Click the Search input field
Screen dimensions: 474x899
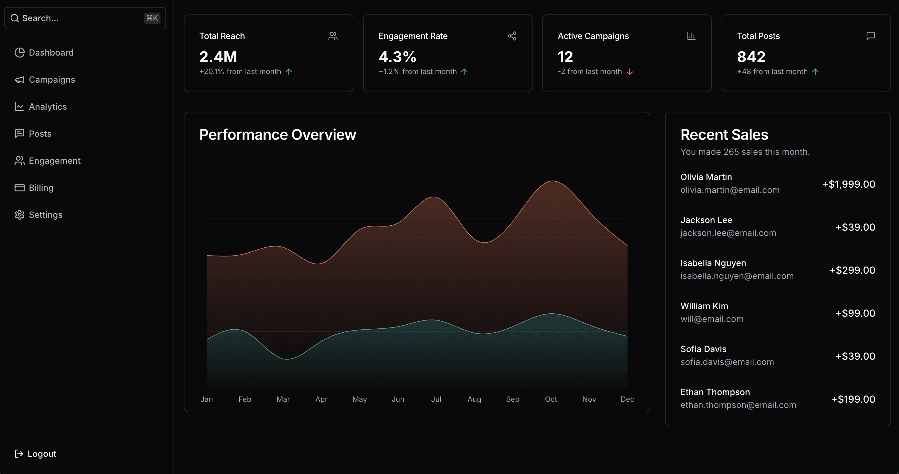click(x=77, y=18)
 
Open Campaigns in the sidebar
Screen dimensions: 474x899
click(x=52, y=80)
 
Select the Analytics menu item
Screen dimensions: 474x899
click(x=47, y=107)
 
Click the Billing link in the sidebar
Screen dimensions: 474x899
click(x=41, y=188)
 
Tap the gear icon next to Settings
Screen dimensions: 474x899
click(x=20, y=215)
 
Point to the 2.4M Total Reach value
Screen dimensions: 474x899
click(x=218, y=57)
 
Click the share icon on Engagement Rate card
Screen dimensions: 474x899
click(x=512, y=36)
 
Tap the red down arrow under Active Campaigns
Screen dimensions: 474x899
click(x=630, y=72)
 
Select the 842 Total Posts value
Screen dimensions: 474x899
click(x=751, y=57)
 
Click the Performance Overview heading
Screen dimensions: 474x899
click(x=277, y=135)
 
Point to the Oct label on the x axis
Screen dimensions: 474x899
click(x=551, y=399)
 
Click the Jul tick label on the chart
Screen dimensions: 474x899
click(x=436, y=399)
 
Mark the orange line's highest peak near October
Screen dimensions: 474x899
click(x=553, y=181)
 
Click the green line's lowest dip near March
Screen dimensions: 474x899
click(x=287, y=359)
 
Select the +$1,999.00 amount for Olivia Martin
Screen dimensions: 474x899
click(x=848, y=184)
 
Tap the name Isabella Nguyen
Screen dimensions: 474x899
click(x=713, y=263)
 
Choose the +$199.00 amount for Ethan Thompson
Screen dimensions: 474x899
click(x=853, y=399)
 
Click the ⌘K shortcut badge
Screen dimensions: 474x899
click(x=152, y=18)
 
